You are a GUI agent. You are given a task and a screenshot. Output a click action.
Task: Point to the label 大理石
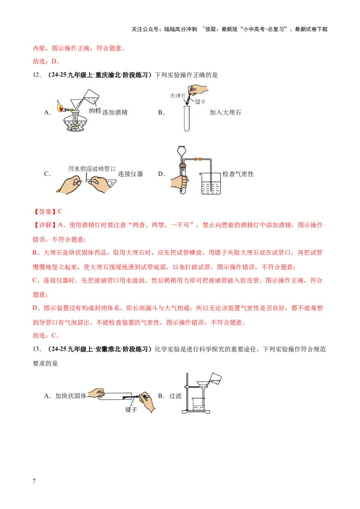[x=178, y=96]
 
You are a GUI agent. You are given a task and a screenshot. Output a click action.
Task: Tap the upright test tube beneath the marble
[x=187, y=118]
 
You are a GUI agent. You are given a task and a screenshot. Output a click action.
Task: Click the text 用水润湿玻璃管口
[x=92, y=168]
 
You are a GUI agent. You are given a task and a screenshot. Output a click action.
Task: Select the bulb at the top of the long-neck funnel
[x=182, y=150]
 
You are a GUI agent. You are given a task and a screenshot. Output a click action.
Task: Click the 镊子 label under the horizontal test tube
[x=131, y=410]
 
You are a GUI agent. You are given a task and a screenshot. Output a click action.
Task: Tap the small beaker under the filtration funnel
[x=199, y=404]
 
